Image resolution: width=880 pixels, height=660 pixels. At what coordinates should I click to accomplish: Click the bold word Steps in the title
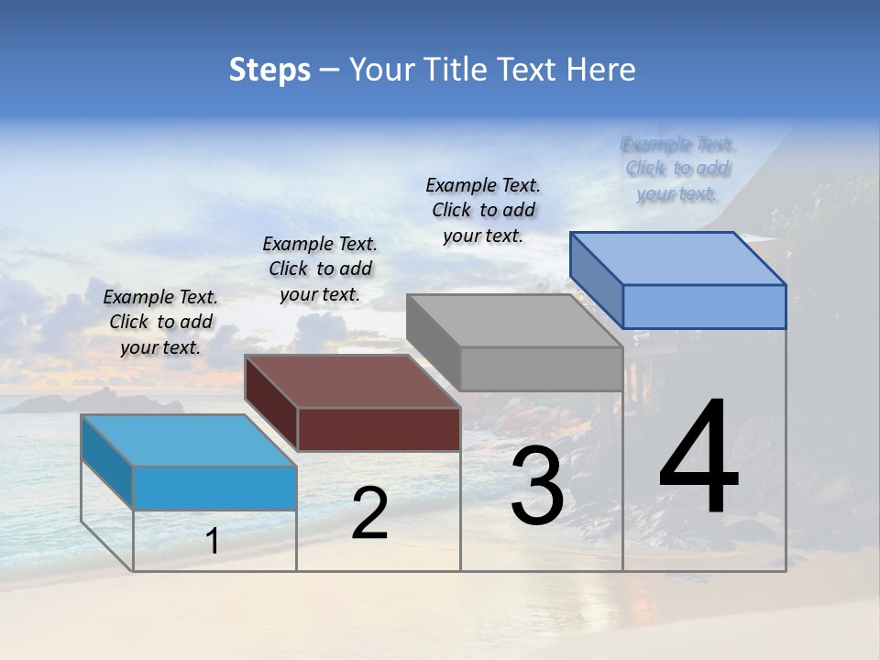click(269, 70)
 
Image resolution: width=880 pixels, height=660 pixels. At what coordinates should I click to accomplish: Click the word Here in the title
click(601, 70)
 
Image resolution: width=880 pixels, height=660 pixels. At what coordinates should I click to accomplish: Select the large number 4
click(698, 458)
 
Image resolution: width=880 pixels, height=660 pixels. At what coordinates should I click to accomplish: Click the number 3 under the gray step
click(537, 486)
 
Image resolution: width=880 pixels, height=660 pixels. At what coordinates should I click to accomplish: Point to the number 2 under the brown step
click(369, 513)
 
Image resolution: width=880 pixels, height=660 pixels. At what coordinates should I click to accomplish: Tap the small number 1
click(213, 542)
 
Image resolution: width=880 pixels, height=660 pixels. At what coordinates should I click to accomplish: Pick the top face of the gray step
click(515, 321)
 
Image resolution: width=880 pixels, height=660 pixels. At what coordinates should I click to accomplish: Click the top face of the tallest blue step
click(678, 258)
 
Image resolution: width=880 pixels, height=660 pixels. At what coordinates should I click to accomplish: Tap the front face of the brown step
click(379, 429)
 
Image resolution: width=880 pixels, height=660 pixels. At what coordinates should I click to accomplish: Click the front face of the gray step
click(541, 368)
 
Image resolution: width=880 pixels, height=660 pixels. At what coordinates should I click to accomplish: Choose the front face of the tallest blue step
click(704, 306)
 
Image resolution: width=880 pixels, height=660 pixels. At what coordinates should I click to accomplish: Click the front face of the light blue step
click(214, 488)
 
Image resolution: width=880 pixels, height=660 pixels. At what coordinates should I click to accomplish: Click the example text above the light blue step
click(160, 323)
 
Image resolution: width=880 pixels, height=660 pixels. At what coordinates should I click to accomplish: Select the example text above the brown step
click(320, 269)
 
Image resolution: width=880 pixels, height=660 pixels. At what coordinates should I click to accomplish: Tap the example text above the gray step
click(483, 211)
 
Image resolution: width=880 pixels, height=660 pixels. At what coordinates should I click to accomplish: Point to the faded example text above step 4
click(677, 169)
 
